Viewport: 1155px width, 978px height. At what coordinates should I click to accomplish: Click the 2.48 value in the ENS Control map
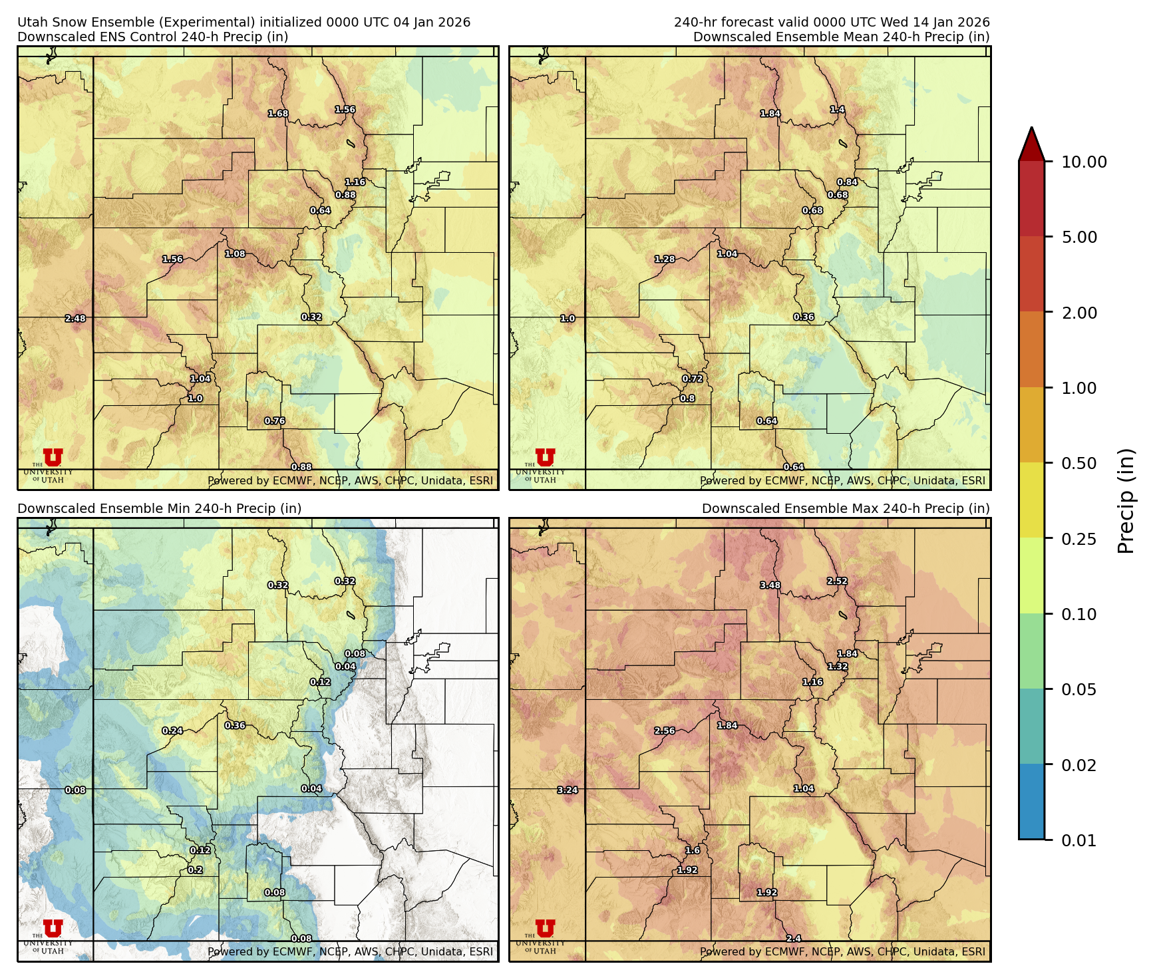pos(75,319)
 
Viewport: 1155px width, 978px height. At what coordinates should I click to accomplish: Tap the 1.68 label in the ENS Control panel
pos(278,114)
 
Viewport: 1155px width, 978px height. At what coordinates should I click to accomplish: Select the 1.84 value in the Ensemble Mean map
pos(770,114)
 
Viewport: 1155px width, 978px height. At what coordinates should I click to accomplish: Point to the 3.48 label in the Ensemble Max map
pos(770,585)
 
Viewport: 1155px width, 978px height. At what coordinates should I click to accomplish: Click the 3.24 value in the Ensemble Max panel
pos(568,790)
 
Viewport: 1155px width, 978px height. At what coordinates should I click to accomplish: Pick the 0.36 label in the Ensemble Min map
pos(235,726)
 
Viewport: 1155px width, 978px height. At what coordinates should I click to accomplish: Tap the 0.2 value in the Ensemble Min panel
pos(195,870)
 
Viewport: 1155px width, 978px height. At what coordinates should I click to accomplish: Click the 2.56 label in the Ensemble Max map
pos(665,731)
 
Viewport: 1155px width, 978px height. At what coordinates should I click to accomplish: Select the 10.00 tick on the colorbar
pos(1084,162)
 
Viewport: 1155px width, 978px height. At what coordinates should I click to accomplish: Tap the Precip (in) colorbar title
pos(1126,501)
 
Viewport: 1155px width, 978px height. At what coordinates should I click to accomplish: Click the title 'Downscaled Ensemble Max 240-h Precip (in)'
pos(846,509)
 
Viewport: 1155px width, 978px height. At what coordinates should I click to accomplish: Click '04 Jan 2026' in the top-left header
pos(432,22)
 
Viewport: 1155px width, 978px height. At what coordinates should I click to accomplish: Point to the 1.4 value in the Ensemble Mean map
pos(838,110)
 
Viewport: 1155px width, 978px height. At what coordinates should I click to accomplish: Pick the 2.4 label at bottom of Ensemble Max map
pos(794,939)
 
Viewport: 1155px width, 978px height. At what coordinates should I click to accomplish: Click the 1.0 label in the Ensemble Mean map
pos(568,319)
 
